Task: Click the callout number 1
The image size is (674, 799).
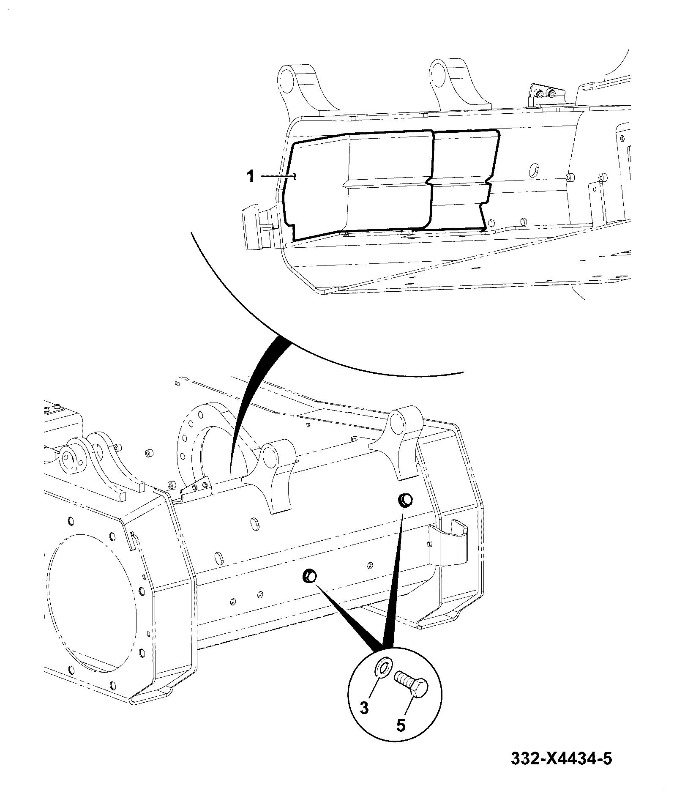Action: (x=251, y=176)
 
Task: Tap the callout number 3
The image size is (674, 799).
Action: (x=364, y=707)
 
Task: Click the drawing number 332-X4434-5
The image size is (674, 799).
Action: (x=561, y=759)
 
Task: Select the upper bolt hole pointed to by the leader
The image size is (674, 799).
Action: (x=405, y=500)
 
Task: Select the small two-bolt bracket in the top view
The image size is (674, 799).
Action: (x=545, y=96)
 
